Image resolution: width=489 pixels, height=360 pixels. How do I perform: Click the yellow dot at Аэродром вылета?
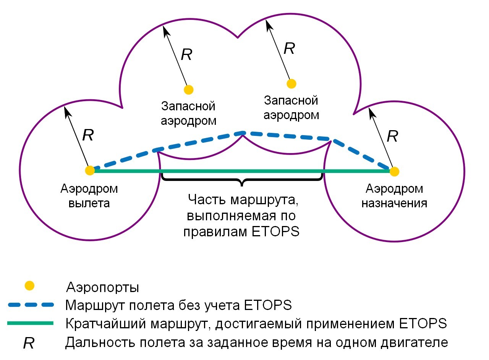[x=90, y=170]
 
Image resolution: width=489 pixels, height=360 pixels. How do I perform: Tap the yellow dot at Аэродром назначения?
[x=394, y=171]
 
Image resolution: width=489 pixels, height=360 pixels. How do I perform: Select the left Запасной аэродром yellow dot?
[x=188, y=90]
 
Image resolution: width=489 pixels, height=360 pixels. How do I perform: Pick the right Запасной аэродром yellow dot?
[x=291, y=83]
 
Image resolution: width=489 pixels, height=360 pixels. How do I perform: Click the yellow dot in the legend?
[x=29, y=285]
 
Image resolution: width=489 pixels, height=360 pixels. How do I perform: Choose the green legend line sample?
[x=31, y=323]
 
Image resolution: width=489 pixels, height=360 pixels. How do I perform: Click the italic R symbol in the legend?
[x=29, y=343]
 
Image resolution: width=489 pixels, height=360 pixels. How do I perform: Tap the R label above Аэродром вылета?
[x=88, y=135]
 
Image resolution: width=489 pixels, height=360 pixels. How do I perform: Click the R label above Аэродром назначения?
[x=392, y=136]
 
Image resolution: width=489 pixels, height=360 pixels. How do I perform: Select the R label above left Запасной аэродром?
[x=186, y=55]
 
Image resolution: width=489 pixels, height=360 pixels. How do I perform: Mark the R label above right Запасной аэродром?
[x=289, y=48]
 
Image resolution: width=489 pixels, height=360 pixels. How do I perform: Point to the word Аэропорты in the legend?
[x=102, y=287]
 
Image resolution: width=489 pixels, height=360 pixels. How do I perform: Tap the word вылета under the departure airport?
[x=89, y=203]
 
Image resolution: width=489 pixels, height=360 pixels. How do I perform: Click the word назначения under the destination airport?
[x=394, y=203]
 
